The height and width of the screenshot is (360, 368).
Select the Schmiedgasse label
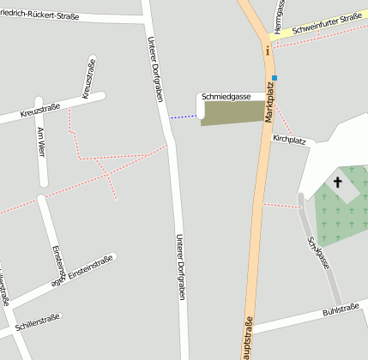click(x=226, y=97)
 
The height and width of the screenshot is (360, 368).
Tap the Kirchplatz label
click(x=289, y=138)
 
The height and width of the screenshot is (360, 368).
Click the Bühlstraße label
click(x=340, y=309)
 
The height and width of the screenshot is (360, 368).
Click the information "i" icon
click(x=268, y=51)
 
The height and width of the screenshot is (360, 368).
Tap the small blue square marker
click(x=274, y=78)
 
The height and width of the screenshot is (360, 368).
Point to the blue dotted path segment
click(x=183, y=116)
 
